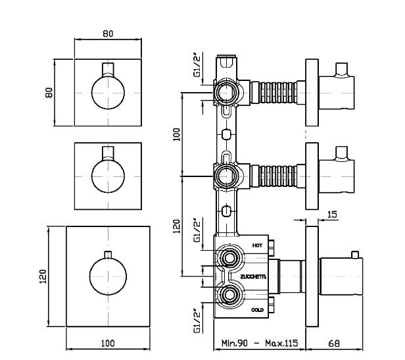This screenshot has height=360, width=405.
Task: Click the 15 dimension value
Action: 331,214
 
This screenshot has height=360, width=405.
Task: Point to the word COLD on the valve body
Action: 258,309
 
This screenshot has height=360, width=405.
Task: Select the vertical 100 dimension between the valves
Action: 176,136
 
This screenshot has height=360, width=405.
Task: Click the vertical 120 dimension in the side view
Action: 176,226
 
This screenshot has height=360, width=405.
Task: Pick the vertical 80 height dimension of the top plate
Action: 49,93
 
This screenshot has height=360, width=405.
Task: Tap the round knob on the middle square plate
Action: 106,176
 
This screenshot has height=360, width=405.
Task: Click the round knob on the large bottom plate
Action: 107,277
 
